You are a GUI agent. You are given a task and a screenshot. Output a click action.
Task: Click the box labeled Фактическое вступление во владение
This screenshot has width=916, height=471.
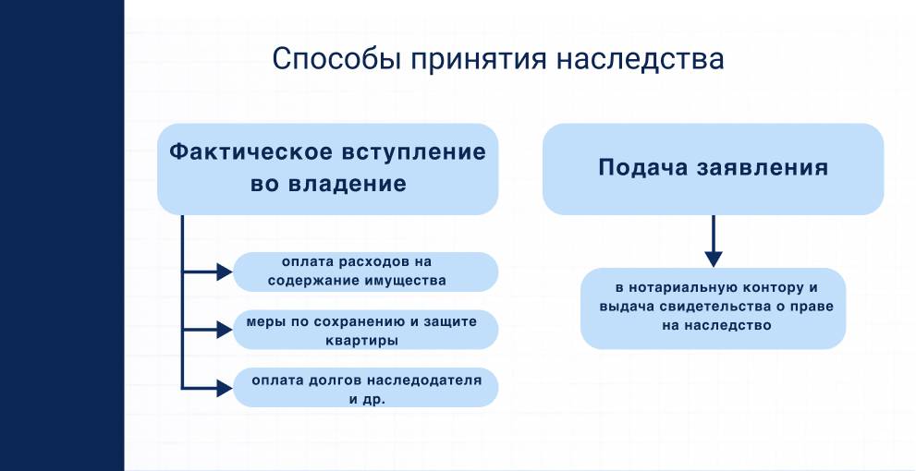click(x=327, y=169)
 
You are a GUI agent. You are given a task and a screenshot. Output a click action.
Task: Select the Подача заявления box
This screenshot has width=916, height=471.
click(x=712, y=169)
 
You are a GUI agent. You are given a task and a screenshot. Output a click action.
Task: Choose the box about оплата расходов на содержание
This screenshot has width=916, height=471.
click(x=365, y=272)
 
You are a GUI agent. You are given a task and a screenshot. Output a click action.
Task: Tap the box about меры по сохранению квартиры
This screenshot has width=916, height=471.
click(x=365, y=330)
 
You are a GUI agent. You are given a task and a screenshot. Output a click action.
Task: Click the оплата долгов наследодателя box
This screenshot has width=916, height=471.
click(x=365, y=387)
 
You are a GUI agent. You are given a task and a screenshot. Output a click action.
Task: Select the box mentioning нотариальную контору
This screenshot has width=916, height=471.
click(x=713, y=308)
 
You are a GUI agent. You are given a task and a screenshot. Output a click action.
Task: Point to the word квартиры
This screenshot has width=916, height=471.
click(x=367, y=340)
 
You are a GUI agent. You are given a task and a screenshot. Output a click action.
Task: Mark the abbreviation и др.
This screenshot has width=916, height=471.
click(x=367, y=398)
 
